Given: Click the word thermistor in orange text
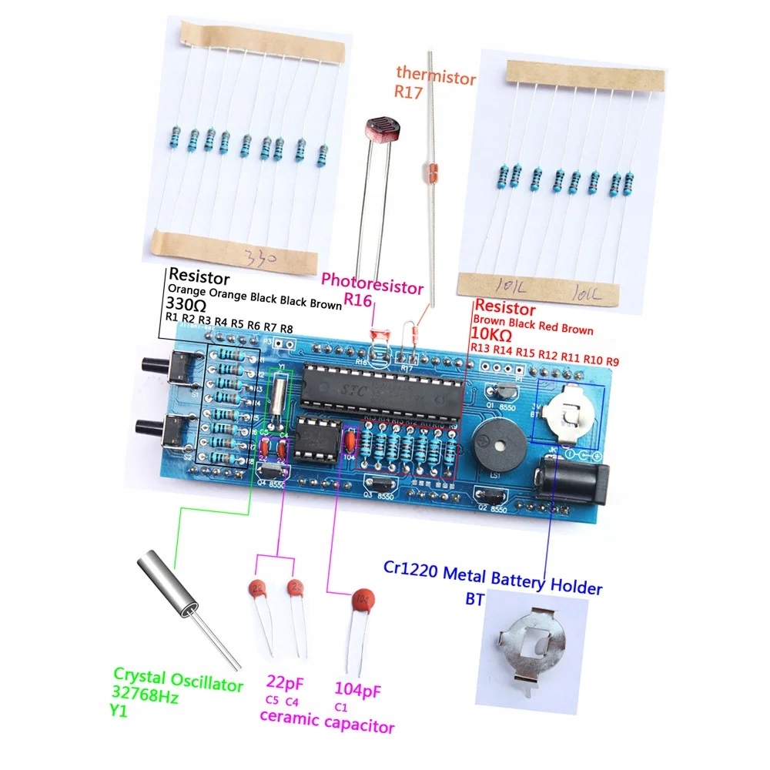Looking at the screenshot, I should [436, 75].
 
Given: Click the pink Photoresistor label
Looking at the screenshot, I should [372, 287].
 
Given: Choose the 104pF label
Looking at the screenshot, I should [359, 687].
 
